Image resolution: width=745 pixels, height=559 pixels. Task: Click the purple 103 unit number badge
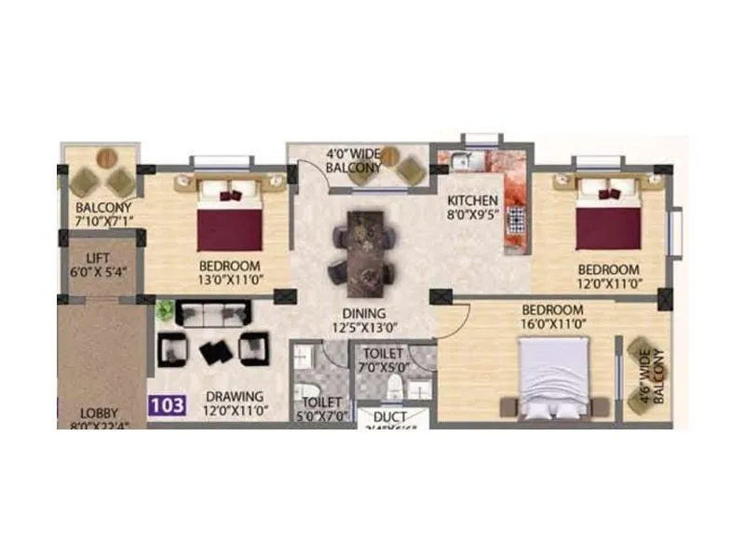click(169, 405)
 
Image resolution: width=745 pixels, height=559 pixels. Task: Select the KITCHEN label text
click(472, 200)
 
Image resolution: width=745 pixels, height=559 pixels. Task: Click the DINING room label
click(363, 313)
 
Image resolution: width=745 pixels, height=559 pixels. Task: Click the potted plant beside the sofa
click(166, 309)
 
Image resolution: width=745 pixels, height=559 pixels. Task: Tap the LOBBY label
click(99, 413)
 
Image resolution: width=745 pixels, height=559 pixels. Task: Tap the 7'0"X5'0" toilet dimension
click(384, 368)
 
